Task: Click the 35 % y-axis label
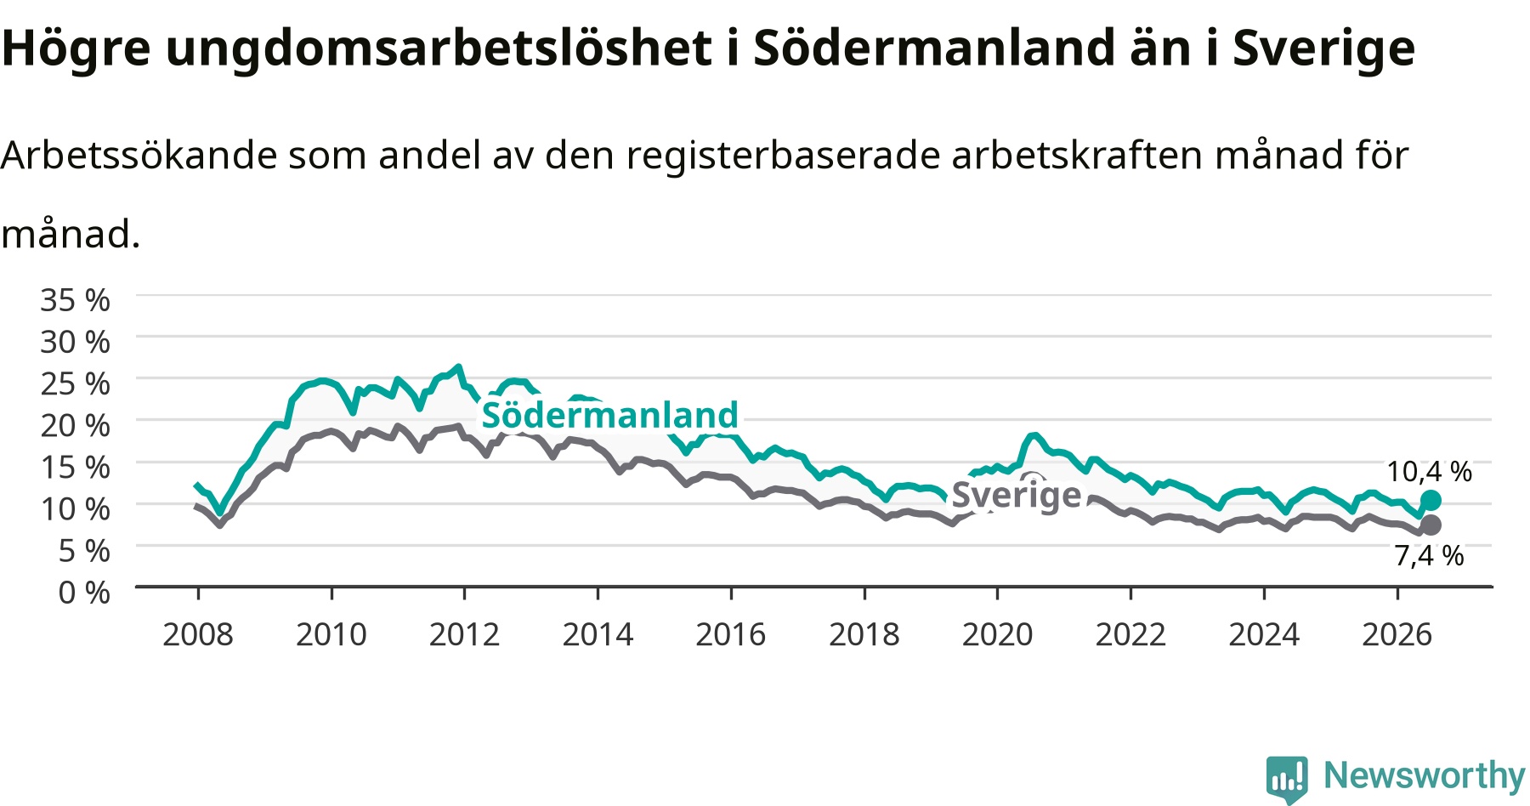point(75,300)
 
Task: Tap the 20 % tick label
point(75,425)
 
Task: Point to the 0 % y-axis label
point(84,593)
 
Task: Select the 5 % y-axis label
point(84,551)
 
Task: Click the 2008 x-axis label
point(198,634)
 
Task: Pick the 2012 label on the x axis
point(464,634)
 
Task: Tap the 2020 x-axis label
point(997,634)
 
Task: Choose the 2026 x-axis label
point(1397,634)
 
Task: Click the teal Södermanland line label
point(610,415)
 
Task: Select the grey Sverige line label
point(1017,495)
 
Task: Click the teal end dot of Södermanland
point(1431,500)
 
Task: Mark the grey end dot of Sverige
point(1431,525)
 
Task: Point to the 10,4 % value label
point(1430,471)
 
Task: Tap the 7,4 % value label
point(1430,555)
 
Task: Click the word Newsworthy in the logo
point(1425,775)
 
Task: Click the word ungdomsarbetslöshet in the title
point(439,48)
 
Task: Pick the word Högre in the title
point(76,48)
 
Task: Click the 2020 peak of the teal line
point(1034,435)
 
